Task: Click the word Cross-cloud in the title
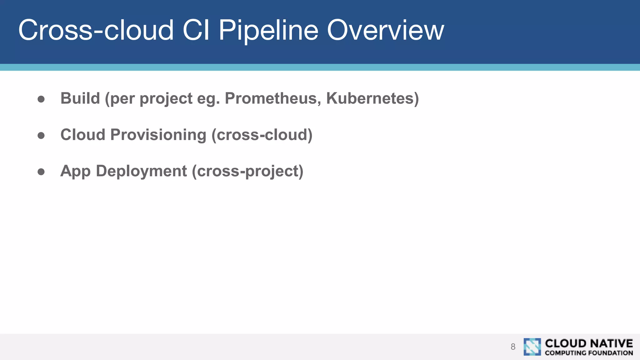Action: [x=96, y=30]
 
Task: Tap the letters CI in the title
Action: [x=196, y=30]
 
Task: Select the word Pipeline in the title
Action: [x=268, y=31]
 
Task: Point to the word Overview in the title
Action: [x=385, y=30]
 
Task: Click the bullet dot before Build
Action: [x=41, y=99]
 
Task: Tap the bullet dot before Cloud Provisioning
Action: [x=41, y=135]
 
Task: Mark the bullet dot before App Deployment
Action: [x=41, y=172]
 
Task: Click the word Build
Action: [x=80, y=98]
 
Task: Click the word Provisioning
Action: [x=158, y=135]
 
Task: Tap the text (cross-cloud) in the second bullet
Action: [x=262, y=135]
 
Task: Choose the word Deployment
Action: [x=141, y=171]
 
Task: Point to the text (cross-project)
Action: [x=247, y=171]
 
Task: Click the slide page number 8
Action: [x=513, y=347]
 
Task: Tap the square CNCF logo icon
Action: [x=532, y=347]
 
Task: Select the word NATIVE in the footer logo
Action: [x=611, y=343]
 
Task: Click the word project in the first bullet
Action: [x=166, y=99]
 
